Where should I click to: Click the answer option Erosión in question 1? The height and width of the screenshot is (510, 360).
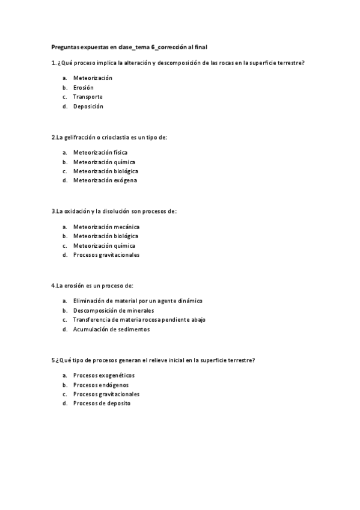(x=83, y=87)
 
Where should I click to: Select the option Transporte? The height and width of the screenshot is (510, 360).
(x=88, y=97)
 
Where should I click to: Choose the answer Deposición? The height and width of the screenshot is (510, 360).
(x=88, y=106)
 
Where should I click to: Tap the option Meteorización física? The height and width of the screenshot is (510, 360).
(x=100, y=153)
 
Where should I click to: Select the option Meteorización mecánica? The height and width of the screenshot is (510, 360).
(x=106, y=227)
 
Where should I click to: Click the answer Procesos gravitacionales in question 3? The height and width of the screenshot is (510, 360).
(x=106, y=255)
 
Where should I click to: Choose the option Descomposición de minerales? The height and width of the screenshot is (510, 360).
(x=109, y=310)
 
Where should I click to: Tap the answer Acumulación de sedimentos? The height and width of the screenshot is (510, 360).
(x=111, y=329)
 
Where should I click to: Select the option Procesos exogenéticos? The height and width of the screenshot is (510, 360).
(x=103, y=375)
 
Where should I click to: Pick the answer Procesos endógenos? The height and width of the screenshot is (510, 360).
(x=100, y=385)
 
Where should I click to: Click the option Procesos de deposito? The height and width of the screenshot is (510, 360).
(x=101, y=404)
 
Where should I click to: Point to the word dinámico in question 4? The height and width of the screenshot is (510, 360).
(x=189, y=301)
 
